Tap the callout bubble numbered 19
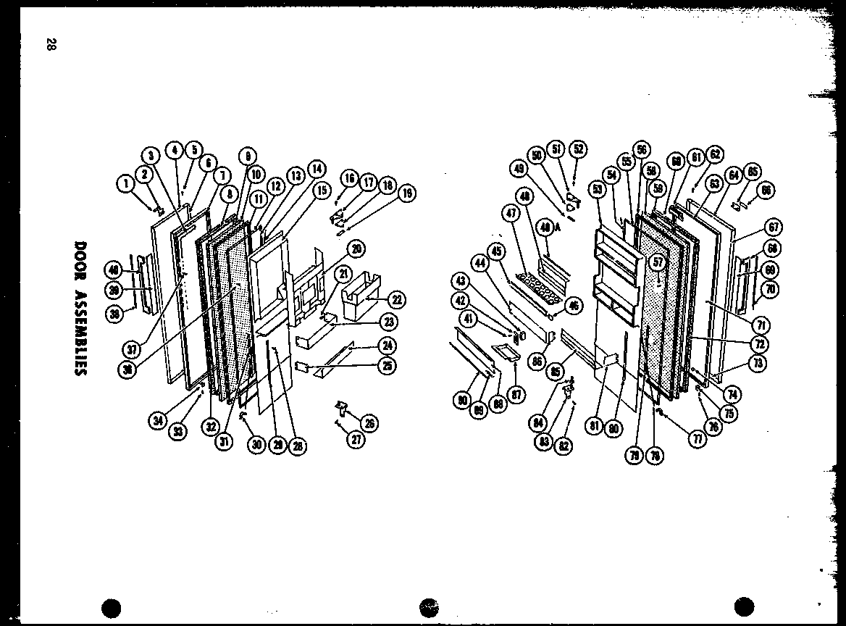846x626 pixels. pos(407,193)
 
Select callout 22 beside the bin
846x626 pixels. pos(398,299)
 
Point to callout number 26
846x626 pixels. pos(370,424)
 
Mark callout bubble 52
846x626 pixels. pos(578,149)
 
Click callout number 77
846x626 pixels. pos(697,439)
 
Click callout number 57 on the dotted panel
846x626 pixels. pos(658,262)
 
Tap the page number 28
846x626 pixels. pos(50,45)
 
